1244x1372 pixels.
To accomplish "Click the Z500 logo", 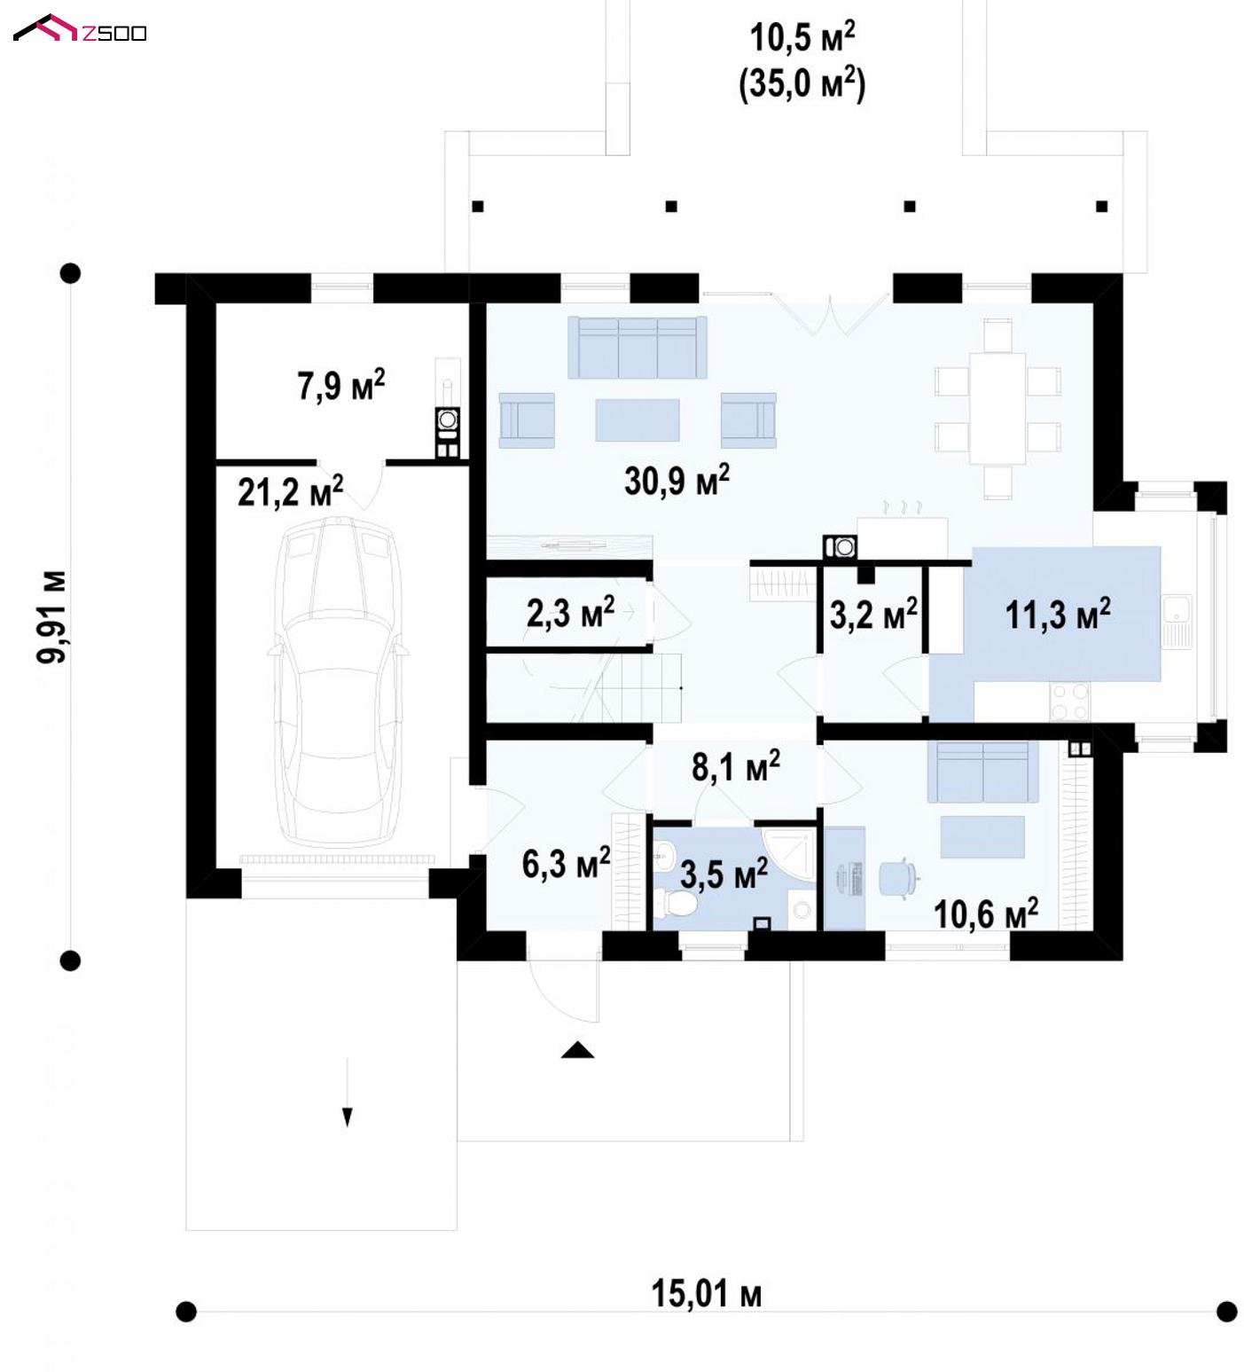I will [x=80, y=30].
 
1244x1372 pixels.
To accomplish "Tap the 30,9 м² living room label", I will [x=677, y=481].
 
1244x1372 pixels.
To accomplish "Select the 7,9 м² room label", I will [x=340, y=386].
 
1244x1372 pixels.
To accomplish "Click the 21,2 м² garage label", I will [x=290, y=491].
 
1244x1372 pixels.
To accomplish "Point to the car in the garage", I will [x=337, y=683].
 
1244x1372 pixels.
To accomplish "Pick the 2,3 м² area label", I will [x=570, y=612].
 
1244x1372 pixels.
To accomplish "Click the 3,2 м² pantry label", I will [x=872, y=613].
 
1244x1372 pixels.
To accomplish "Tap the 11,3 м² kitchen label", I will [x=1057, y=613].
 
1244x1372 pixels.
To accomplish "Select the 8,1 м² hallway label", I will [x=735, y=766].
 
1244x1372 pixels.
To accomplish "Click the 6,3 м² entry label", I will [x=566, y=862].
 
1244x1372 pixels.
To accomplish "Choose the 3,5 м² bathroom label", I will [x=724, y=874].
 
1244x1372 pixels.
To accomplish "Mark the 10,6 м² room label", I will [x=985, y=913].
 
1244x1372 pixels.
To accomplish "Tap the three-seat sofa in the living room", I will [x=638, y=348].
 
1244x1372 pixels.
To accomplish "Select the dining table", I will [x=998, y=408].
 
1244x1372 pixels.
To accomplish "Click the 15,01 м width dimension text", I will [x=706, y=1294].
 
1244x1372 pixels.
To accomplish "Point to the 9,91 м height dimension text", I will [x=51, y=615].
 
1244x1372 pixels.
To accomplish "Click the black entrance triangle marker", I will [x=577, y=1050].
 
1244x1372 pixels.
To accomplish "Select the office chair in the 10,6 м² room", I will [x=896, y=877].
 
